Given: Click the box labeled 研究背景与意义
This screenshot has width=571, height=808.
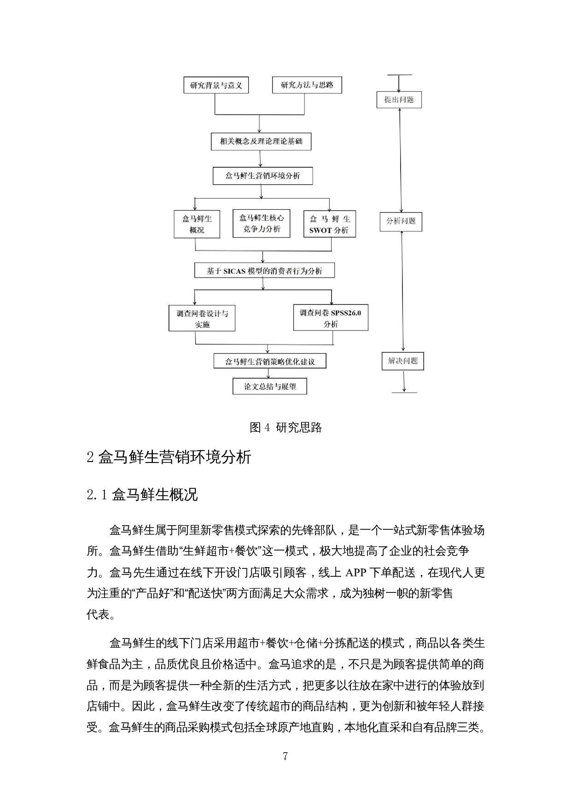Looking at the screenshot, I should [216, 85].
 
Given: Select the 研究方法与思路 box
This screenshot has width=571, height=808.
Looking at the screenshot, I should [307, 85].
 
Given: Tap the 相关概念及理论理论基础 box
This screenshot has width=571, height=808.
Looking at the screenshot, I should [261, 141].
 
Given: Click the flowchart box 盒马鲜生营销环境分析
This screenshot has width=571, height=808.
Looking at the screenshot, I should [262, 176].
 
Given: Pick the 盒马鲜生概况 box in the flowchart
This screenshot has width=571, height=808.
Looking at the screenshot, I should [197, 224].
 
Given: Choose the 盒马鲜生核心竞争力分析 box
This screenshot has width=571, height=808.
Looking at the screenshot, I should [261, 224].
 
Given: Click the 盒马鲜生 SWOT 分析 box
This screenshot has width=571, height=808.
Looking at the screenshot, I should [330, 224].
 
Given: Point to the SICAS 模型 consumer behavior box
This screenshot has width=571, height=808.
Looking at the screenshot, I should [264, 271].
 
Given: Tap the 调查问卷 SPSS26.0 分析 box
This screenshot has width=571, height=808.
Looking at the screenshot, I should [331, 318].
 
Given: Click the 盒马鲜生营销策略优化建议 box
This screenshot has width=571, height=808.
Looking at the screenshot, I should [270, 361].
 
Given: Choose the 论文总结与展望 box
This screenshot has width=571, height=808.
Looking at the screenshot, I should [270, 386].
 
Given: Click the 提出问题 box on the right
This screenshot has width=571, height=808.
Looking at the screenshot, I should [399, 100].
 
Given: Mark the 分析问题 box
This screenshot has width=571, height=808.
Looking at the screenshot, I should [401, 221].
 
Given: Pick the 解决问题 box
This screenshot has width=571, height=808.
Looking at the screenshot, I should [403, 361].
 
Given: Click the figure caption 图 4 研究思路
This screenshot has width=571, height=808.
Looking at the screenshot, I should [285, 427].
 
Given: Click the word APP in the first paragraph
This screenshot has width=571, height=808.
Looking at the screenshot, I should [355, 573].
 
